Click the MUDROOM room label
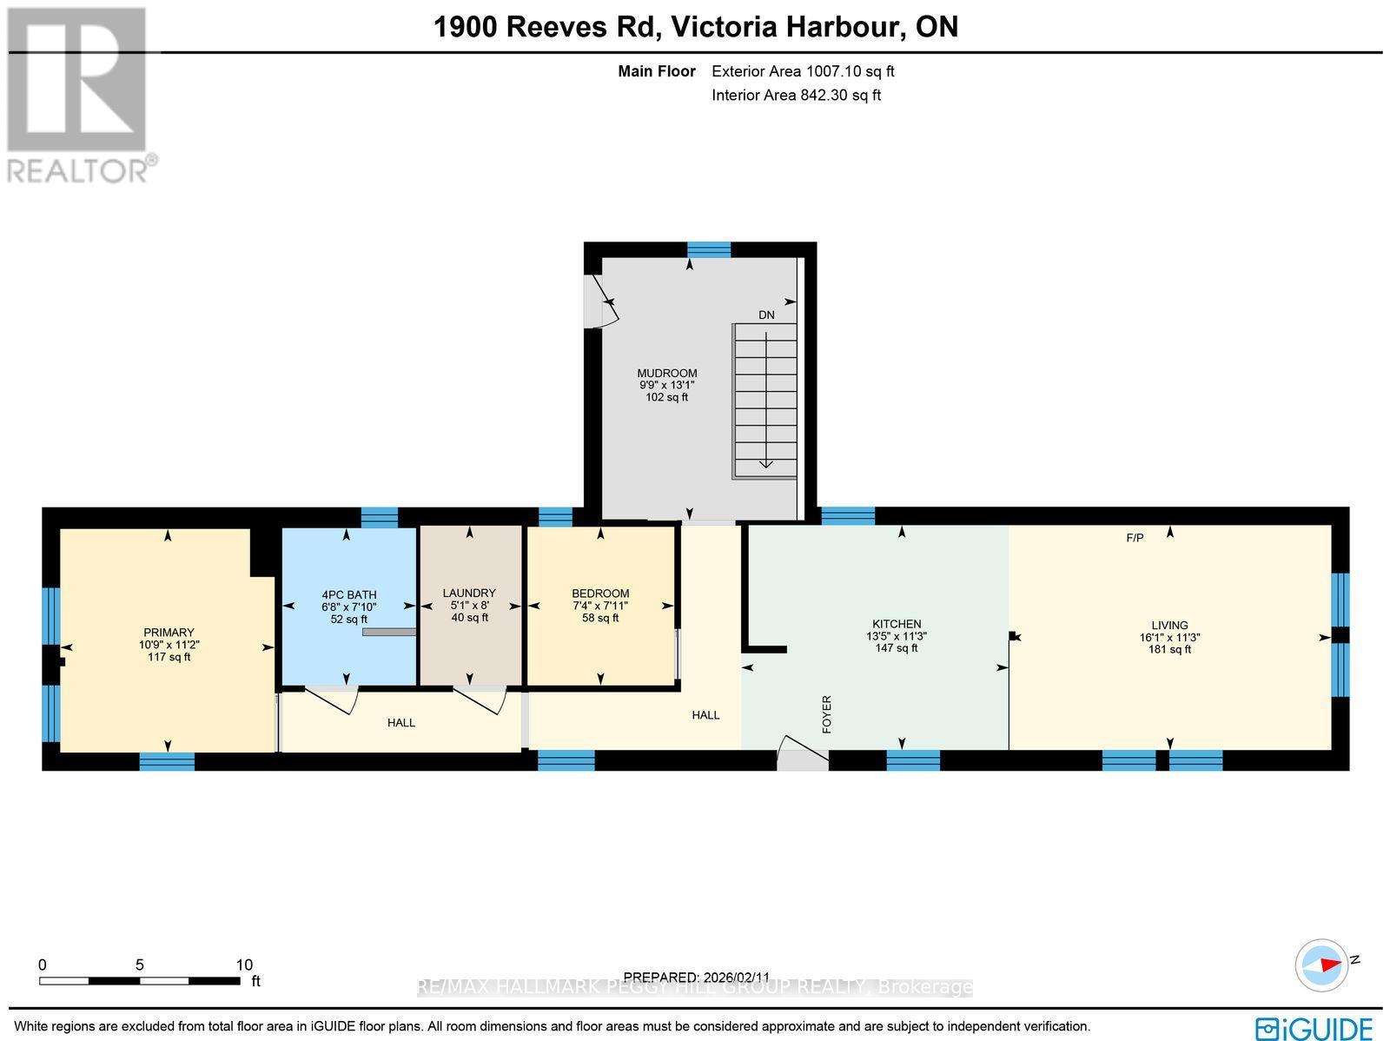point(666,374)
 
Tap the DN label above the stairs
point(766,315)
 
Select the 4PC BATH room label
point(348,595)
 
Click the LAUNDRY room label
point(469,593)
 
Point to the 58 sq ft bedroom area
point(600,619)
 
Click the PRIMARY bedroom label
point(169,633)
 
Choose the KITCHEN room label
point(897,624)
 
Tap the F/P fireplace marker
point(1135,538)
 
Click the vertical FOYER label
point(827,714)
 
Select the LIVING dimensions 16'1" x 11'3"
point(1169,637)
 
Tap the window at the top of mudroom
point(709,250)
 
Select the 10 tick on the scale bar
point(244,965)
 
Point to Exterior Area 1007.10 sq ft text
point(803,72)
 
